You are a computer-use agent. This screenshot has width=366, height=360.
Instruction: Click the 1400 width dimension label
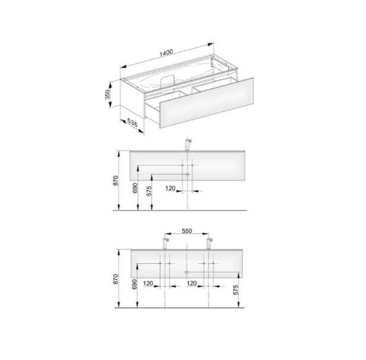166,53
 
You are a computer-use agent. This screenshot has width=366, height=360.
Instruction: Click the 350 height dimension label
107,94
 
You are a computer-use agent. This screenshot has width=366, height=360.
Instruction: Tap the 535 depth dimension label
132,123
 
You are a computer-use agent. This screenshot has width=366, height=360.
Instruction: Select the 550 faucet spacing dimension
187,231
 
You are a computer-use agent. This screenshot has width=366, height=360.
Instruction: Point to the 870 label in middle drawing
116,181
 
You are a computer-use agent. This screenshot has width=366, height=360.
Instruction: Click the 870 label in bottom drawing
116,279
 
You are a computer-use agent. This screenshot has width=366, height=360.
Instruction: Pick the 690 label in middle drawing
135,188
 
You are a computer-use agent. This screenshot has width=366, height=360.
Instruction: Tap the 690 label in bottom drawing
135,285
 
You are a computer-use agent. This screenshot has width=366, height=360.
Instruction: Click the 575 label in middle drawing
149,191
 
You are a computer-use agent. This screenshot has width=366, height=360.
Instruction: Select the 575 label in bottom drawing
236,290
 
